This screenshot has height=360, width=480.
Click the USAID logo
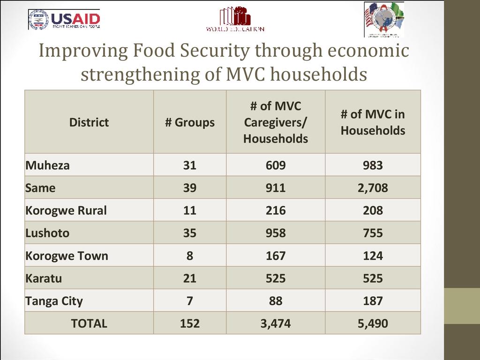tap(65, 19)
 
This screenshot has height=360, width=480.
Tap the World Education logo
tap(235, 19)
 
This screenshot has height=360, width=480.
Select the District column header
tap(89, 122)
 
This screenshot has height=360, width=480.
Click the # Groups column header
tap(189, 122)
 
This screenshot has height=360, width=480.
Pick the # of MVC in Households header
tap(373, 122)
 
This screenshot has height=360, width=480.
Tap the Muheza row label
tap(47, 165)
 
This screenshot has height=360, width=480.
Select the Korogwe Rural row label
tap(66, 210)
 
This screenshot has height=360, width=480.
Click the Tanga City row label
tap(54, 301)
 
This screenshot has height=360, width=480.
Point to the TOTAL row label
tap(89, 323)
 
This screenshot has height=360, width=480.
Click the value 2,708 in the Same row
tap(373, 188)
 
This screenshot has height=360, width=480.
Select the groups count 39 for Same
tap(189, 188)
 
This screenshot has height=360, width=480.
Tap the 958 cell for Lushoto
tap(275, 233)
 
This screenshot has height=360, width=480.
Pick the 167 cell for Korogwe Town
tap(275, 256)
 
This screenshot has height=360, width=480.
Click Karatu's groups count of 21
tap(189, 278)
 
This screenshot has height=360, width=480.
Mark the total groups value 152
tap(189, 323)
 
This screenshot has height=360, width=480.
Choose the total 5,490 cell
tap(373, 323)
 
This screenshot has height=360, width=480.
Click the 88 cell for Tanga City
tap(275, 301)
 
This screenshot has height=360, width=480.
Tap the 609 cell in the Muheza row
tap(275, 165)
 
